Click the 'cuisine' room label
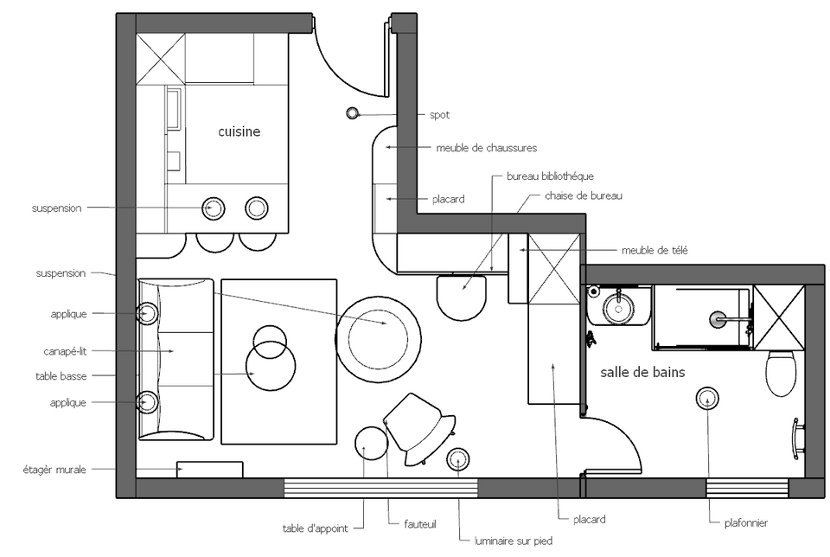pyautogui.click(x=239, y=131)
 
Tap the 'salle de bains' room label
pyautogui.click(x=642, y=372)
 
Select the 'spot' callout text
pyautogui.click(x=439, y=115)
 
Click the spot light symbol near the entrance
pyautogui.click(x=352, y=112)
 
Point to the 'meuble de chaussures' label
pyautogui.click(x=487, y=148)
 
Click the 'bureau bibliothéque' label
pyautogui.click(x=550, y=176)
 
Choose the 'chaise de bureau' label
pyautogui.click(x=584, y=196)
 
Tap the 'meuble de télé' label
pyautogui.click(x=654, y=251)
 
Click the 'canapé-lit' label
pyautogui.click(x=65, y=351)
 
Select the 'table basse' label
pyautogui.click(x=61, y=376)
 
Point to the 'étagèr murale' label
pyautogui.click(x=54, y=470)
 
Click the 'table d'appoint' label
pyautogui.click(x=316, y=528)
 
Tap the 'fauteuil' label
pyautogui.click(x=420, y=524)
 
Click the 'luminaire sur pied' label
pyautogui.click(x=514, y=541)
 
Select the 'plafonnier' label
pyautogui.click(x=746, y=523)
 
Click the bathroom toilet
pyautogui.click(x=781, y=372)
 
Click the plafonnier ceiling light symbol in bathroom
pyautogui.click(x=707, y=399)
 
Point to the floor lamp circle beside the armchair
pyautogui.click(x=458, y=459)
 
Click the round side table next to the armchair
pyautogui.click(x=371, y=443)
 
